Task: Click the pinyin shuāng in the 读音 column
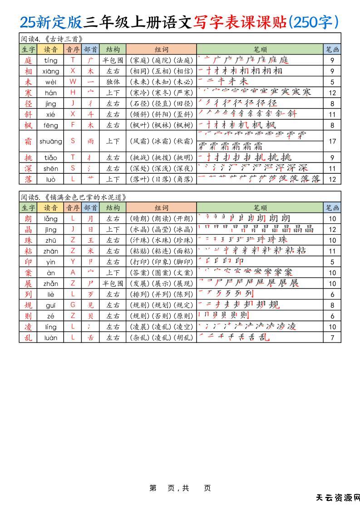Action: [x=51, y=141]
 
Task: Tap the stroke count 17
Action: [x=332, y=141]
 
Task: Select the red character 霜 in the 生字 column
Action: [x=28, y=141]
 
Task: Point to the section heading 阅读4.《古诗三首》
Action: [x=52, y=39]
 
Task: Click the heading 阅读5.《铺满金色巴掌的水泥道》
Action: [x=73, y=197]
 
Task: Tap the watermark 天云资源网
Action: [x=338, y=498]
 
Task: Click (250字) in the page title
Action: [x=314, y=21]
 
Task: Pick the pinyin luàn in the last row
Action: [x=51, y=338]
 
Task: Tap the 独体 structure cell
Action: [x=113, y=82]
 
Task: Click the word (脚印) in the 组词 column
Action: [x=183, y=262]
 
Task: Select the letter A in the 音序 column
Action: [x=73, y=273]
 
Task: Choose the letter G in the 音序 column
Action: [x=73, y=305]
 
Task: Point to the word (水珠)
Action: [x=161, y=240]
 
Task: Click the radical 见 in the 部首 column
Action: [x=90, y=305]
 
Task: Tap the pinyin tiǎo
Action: [x=51, y=157]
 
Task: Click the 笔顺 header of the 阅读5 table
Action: [x=260, y=207]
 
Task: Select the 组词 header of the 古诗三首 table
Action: [x=161, y=49]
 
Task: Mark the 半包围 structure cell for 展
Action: [x=113, y=284]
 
